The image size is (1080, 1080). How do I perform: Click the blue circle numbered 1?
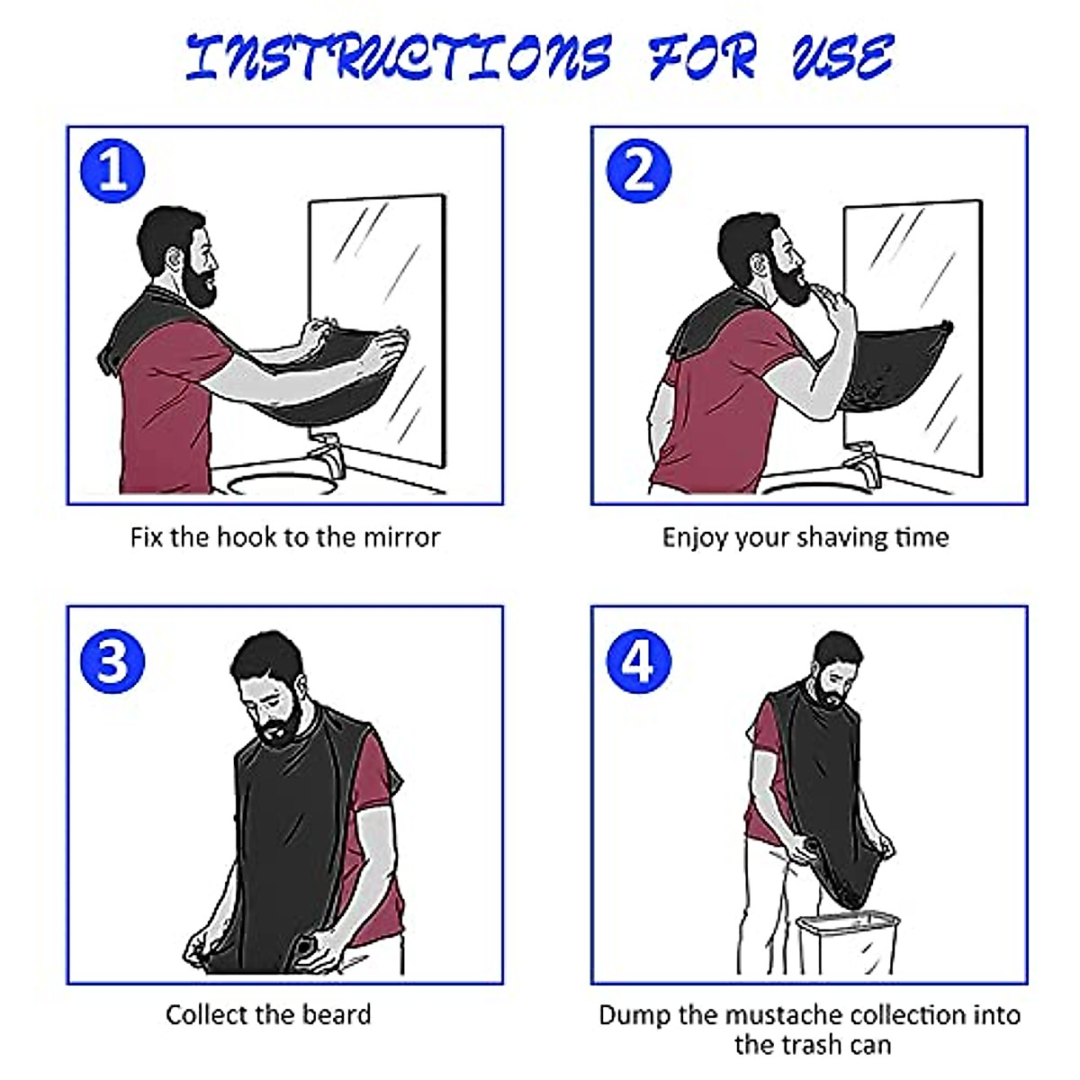click(112, 170)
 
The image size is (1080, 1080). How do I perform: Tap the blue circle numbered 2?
click(639, 170)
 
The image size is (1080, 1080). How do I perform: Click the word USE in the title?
click(841, 56)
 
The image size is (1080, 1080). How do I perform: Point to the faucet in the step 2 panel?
click(859, 459)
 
